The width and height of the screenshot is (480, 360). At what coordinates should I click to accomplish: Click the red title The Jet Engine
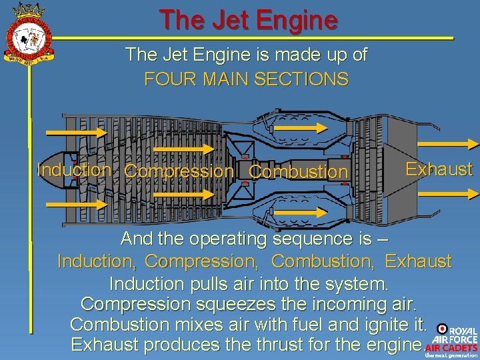[x=248, y=21]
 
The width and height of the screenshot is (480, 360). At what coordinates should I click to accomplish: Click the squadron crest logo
[x=28, y=34]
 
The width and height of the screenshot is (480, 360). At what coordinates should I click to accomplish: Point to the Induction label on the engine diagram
[x=74, y=169]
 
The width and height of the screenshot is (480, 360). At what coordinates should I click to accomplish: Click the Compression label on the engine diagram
[x=179, y=171]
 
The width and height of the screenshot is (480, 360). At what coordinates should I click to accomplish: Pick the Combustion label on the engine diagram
[x=298, y=172]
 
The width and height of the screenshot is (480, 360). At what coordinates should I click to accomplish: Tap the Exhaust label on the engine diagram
[x=439, y=169]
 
